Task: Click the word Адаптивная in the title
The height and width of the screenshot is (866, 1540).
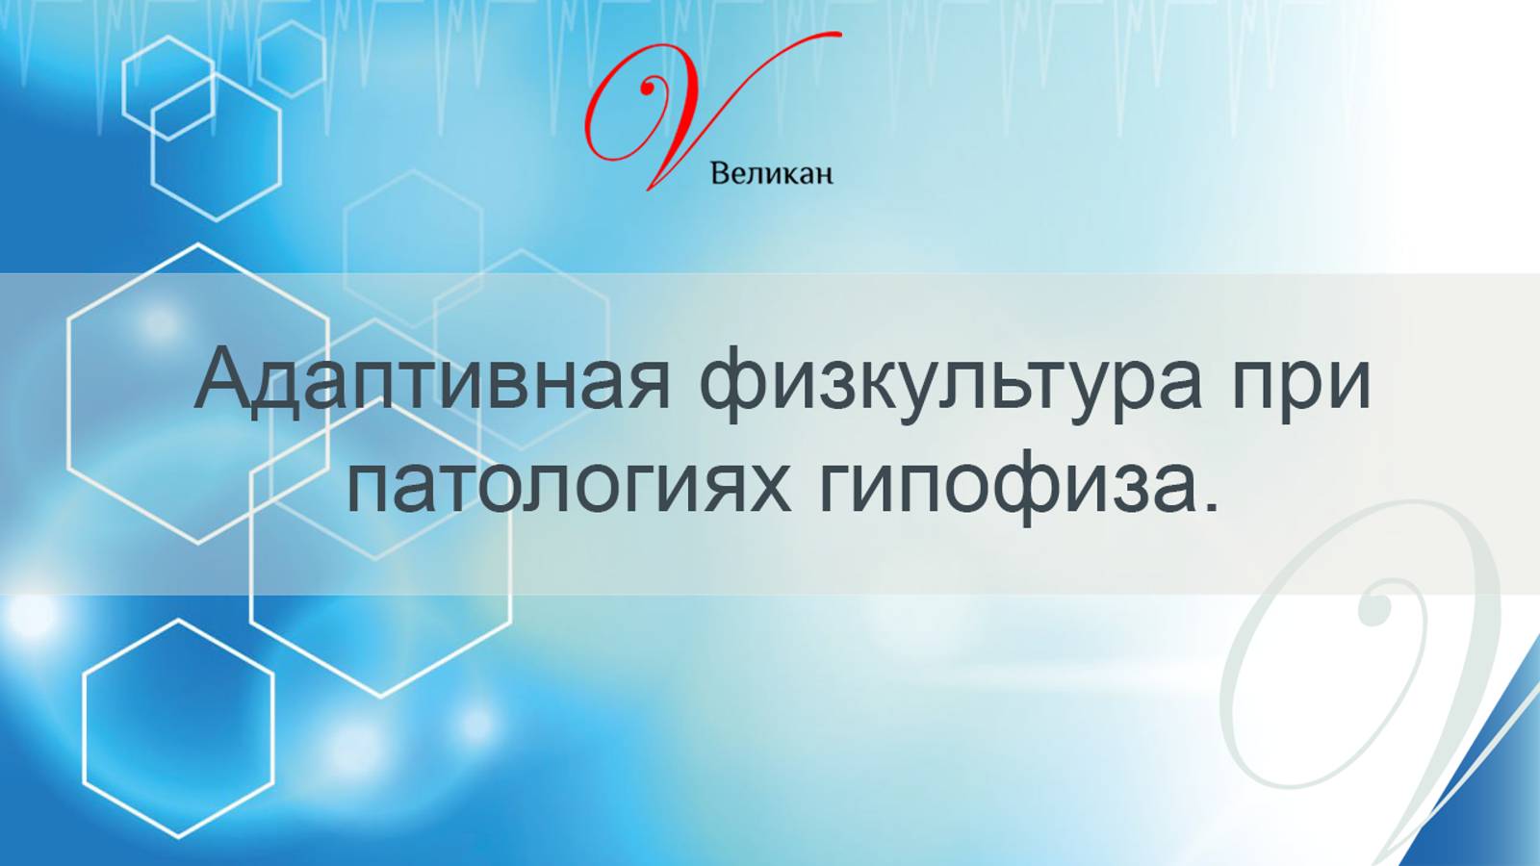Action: tap(432, 380)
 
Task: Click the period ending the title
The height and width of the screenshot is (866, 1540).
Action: tap(1210, 504)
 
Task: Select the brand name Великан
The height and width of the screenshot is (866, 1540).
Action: tap(771, 174)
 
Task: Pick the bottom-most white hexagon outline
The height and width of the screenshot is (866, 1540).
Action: tap(178, 728)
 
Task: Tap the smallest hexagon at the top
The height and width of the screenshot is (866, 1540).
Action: tap(292, 59)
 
